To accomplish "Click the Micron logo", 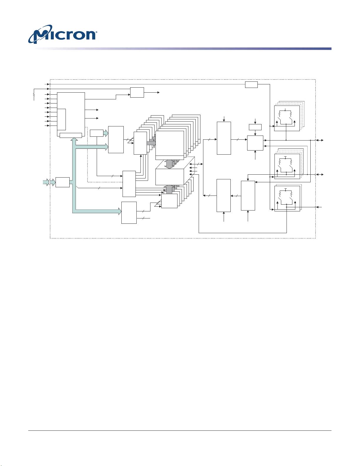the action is [x=62, y=34].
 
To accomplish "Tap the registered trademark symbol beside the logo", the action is [x=96, y=32].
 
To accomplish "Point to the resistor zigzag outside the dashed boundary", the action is [x=34, y=95].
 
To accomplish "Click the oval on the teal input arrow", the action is [x=50, y=182].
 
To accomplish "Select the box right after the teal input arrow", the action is [x=63, y=182].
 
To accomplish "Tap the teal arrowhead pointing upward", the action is [x=74, y=139].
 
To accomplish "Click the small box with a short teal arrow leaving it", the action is [x=97, y=133].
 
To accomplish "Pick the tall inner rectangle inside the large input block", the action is [x=61, y=119].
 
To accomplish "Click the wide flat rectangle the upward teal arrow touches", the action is [x=71, y=135].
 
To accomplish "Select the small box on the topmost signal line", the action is [x=251, y=84].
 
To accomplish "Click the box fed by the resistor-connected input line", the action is [x=137, y=92].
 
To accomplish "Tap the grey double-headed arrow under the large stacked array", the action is [x=169, y=164].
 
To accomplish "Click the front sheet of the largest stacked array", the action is [x=170, y=145].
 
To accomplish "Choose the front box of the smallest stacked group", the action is [x=169, y=201].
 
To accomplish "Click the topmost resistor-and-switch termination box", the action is [x=287, y=118].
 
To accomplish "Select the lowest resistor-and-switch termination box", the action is [x=287, y=198].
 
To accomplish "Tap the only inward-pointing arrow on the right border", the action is [x=319, y=207].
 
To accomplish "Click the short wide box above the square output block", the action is [x=255, y=127].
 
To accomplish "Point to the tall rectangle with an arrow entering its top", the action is [x=224, y=138].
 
